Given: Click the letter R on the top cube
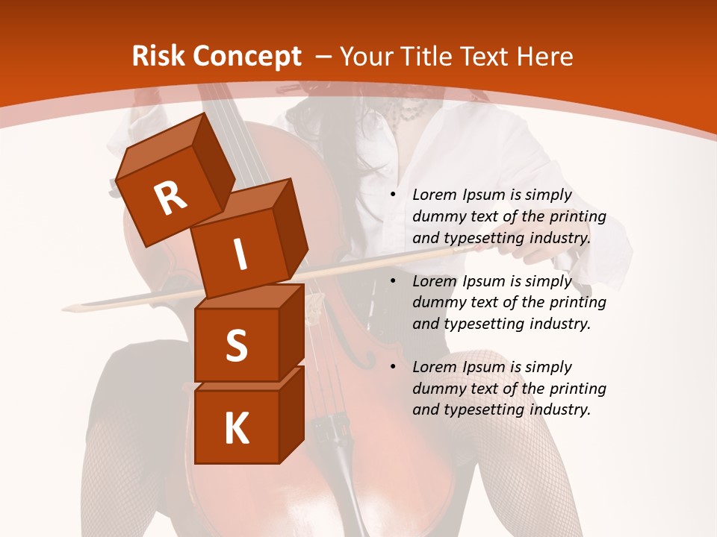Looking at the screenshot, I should (x=170, y=198).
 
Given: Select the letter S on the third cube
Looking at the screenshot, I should (x=236, y=346).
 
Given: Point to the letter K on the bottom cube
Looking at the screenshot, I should (x=236, y=429).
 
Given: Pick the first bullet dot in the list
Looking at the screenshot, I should (x=393, y=195).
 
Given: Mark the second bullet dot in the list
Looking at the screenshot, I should (x=393, y=281).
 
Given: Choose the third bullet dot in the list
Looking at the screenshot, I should (x=393, y=367).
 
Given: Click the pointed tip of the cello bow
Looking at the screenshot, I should (x=65, y=307).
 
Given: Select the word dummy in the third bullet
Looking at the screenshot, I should (x=438, y=389).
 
